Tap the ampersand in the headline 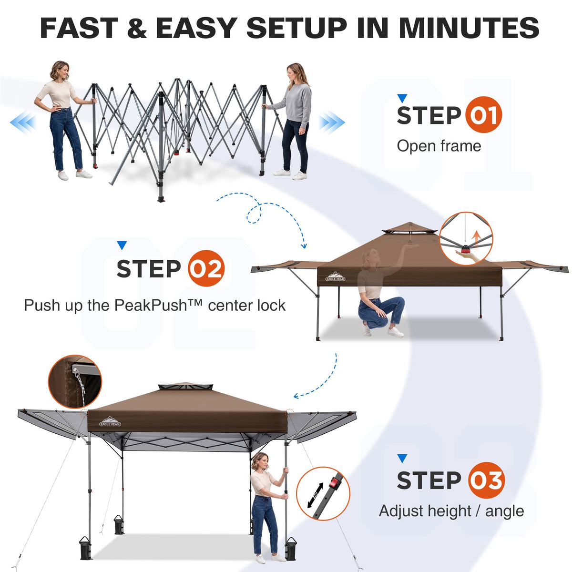pos(137,28)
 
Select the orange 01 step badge pos(483,114)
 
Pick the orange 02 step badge pos(206,268)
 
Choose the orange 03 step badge pos(486,480)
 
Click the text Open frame pos(439,146)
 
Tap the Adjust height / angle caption pos(451,511)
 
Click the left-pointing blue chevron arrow pos(23,122)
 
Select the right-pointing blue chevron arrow pos(332,122)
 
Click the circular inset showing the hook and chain pos(75,381)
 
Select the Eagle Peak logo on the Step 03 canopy pos(110,421)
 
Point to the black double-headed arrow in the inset pos(316,495)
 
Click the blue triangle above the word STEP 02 pos(122,245)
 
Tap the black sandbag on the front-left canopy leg pos(85,547)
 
